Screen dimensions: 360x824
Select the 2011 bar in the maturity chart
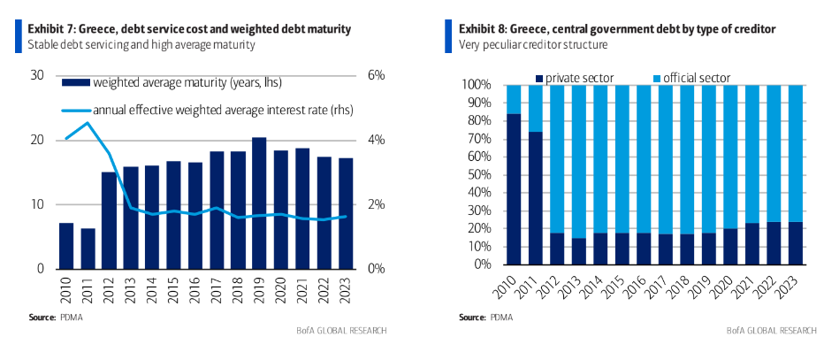coord(88,249)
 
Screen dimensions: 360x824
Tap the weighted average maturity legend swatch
coord(76,84)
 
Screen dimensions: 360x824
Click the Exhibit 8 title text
coord(617,29)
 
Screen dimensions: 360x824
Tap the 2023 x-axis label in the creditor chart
coord(793,285)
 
